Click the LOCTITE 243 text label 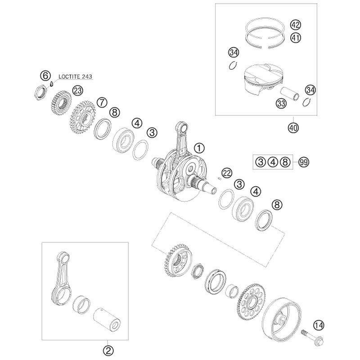(75, 76)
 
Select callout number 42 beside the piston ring (296, 25)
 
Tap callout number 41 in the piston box (296, 37)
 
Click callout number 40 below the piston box (293, 127)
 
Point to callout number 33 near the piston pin (281, 103)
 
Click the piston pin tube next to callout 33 (289, 94)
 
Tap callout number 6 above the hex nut (45, 75)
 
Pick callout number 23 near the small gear (77, 91)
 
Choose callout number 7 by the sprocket (102, 102)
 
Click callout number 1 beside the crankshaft (199, 148)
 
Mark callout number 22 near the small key (226, 173)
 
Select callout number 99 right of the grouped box (303, 162)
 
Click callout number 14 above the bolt (319, 325)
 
